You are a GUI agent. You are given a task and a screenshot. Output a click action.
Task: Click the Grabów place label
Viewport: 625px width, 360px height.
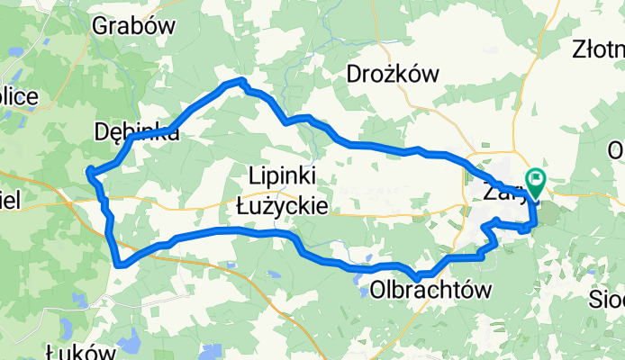132,25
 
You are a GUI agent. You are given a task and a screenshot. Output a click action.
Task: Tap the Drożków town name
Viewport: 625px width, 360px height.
392,75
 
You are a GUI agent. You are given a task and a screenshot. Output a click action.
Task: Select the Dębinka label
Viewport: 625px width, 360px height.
136,132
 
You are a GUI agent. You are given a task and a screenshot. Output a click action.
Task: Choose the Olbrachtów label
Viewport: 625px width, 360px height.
431,290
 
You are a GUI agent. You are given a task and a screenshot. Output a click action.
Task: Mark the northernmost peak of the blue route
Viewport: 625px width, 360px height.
241,81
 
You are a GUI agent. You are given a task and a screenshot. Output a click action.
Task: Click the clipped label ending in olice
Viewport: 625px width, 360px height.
17,96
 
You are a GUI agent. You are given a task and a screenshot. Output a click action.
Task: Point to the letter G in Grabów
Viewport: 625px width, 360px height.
100,25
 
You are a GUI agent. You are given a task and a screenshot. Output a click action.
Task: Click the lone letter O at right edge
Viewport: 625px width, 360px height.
617,148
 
